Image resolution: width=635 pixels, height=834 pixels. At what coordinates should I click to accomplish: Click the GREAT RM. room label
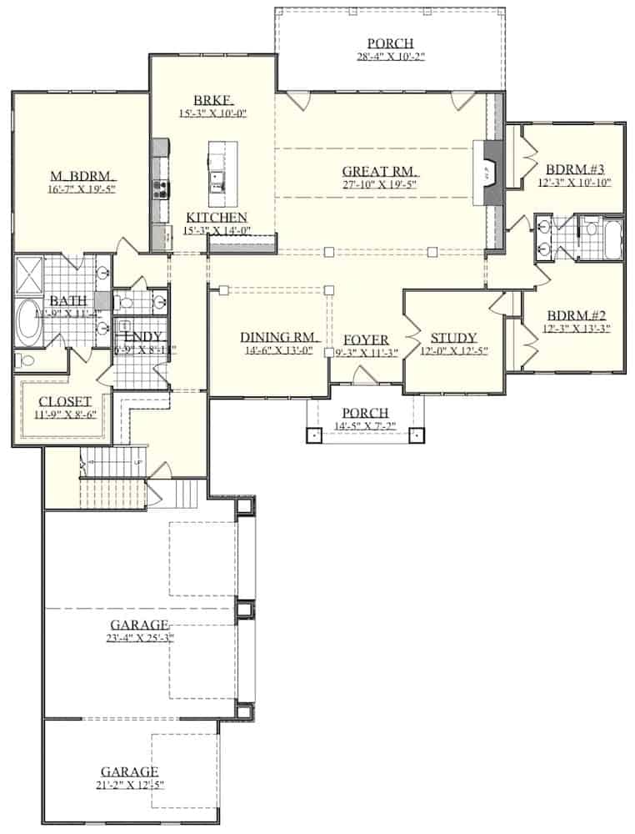click(x=379, y=172)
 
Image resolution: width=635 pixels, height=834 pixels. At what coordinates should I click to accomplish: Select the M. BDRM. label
click(x=82, y=177)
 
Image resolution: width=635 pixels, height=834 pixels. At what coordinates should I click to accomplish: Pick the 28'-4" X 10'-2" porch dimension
click(x=390, y=58)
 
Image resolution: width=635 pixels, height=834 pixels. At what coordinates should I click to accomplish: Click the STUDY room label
click(x=453, y=338)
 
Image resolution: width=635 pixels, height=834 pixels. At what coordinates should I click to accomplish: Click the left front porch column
click(x=313, y=435)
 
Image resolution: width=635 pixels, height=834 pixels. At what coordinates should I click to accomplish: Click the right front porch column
click(x=417, y=435)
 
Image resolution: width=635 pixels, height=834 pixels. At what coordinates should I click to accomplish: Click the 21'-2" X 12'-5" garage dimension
click(x=129, y=785)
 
